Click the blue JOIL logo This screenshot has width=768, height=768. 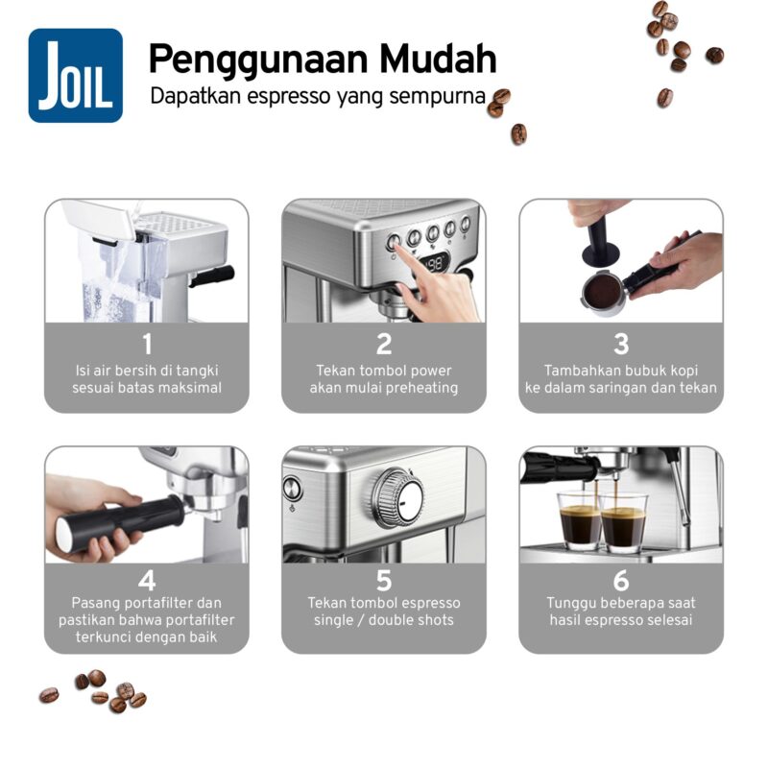(76, 76)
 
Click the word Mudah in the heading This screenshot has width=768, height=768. (439, 59)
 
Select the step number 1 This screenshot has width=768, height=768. (147, 344)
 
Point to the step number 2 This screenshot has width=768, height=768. (384, 344)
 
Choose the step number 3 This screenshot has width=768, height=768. (621, 344)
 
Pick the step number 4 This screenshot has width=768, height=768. (147, 581)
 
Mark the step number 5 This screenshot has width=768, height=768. (384, 581)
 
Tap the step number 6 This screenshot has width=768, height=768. (621, 581)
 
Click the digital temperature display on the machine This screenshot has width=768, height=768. (435, 264)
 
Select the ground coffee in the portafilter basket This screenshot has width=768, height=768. (604, 292)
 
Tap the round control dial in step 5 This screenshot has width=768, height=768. (398, 498)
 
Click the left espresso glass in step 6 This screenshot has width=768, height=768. (580, 520)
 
